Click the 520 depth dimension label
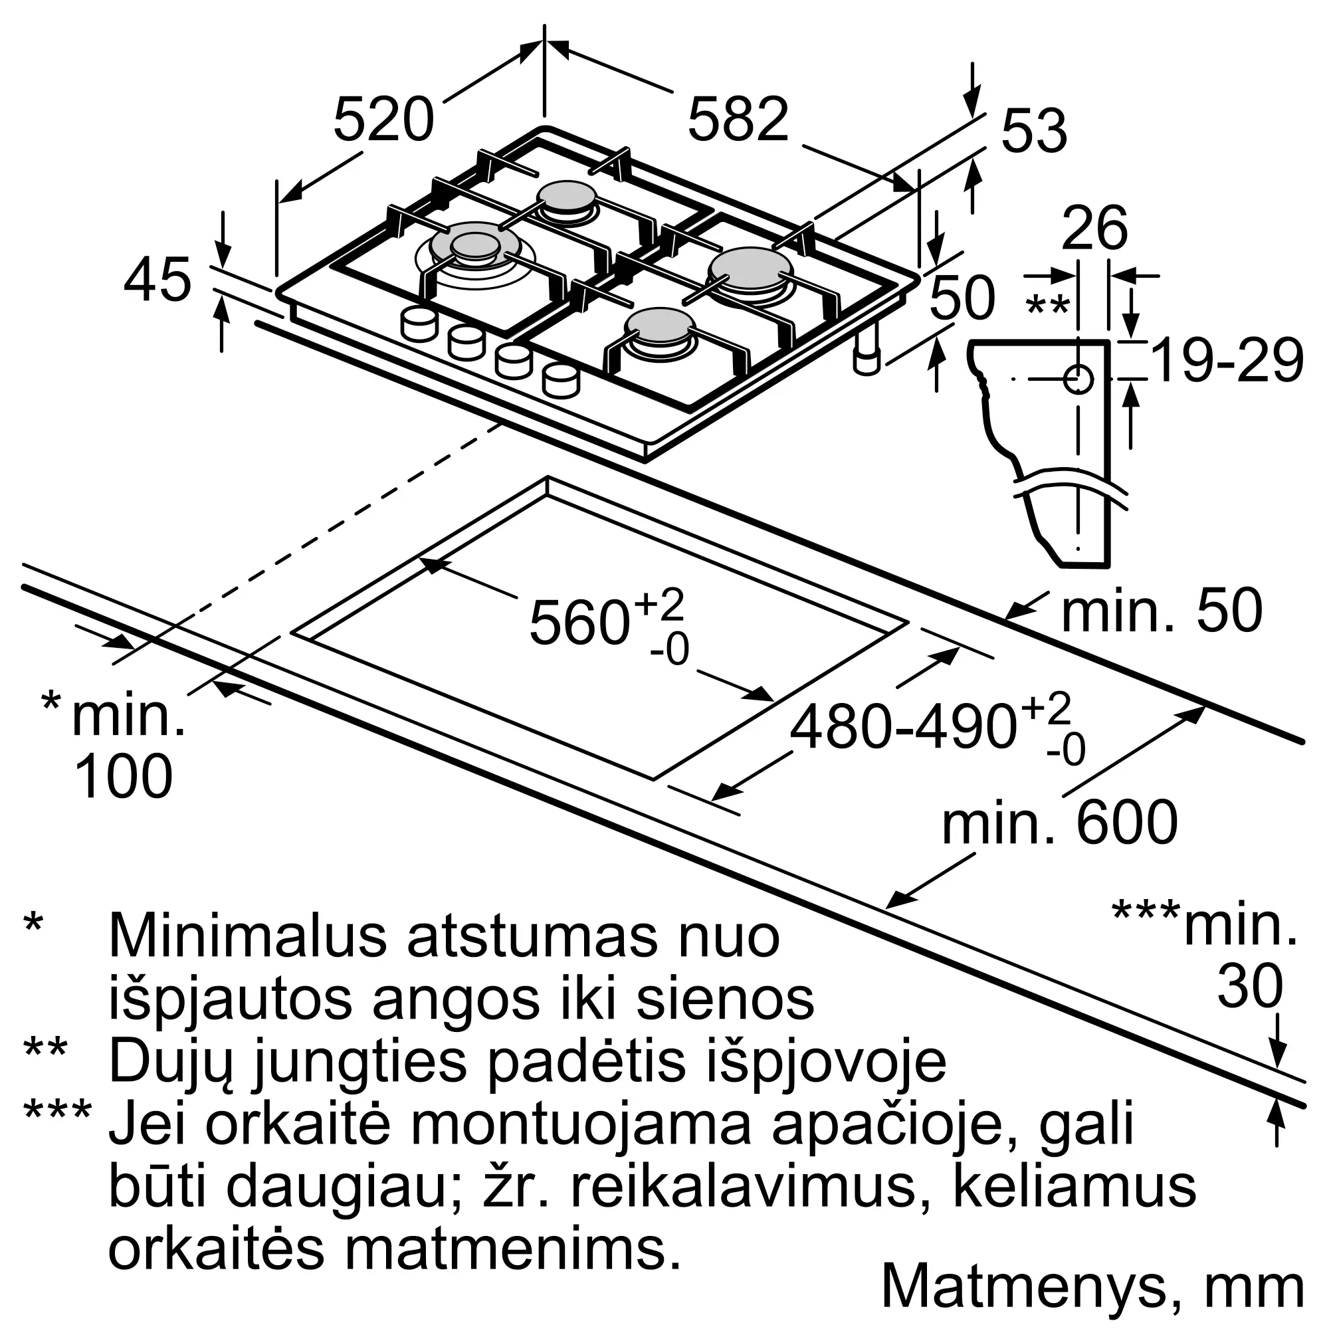pos(384,120)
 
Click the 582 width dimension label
pos(738,120)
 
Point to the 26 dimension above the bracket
pos(1094,228)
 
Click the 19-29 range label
pos(1227,360)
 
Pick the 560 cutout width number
pos(579,623)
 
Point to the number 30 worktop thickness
pos(1250,985)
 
